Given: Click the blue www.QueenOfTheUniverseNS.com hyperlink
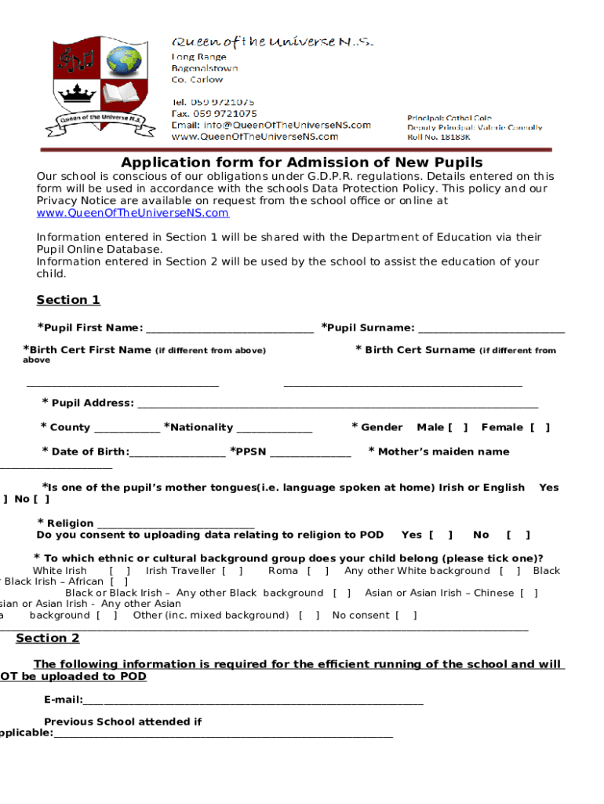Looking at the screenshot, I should pyautogui.click(x=133, y=213).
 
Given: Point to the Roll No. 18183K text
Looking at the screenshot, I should pyautogui.click(x=439, y=137).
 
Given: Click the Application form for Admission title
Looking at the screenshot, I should pyautogui.click(x=301, y=163).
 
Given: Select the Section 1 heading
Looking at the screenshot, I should pyautogui.click(x=68, y=300).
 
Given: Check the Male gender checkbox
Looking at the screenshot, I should pyautogui.click(x=457, y=428).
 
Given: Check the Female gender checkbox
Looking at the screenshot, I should pyautogui.click(x=540, y=428).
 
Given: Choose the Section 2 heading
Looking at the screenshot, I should pyautogui.click(x=48, y=638).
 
